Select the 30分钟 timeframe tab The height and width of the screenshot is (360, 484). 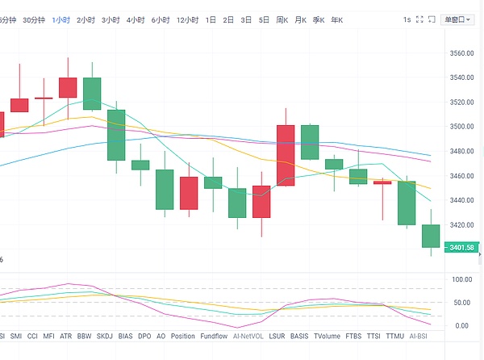click(34, 19)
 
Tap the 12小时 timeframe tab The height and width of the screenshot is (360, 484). click(186, 19)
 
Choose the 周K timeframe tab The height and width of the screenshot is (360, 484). click(282, 19)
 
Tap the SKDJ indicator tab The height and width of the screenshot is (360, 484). click(105, 336)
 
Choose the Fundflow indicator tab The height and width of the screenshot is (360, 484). click(214, 336)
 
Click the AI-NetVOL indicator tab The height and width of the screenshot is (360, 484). click(248, 336)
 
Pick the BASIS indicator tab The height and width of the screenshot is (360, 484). click(299, 336)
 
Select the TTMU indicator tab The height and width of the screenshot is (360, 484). click(395, 336)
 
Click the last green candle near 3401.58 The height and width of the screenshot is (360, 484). click(431, 236)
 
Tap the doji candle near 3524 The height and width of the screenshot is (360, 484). click(43, 98)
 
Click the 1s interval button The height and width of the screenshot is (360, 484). click(407, 19)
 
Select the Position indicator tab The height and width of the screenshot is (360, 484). click(183, 336)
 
